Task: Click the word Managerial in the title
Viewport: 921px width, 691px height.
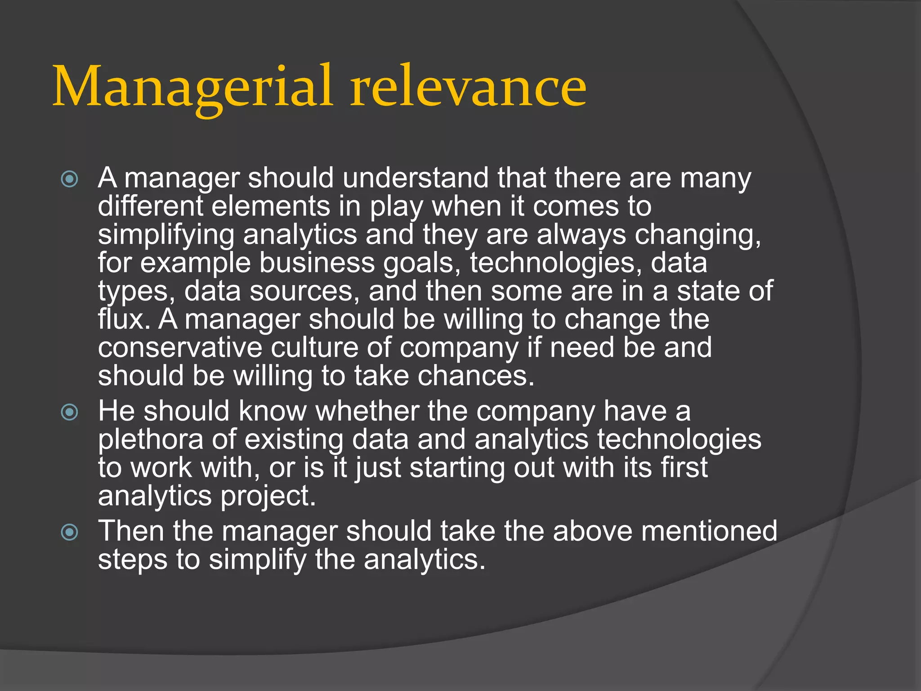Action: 193,86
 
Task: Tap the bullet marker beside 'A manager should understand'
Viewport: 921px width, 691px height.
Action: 70,179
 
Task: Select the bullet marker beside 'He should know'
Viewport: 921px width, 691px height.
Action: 70,412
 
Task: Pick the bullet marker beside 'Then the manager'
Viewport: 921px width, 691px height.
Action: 70,532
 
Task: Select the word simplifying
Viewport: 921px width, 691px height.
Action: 166,235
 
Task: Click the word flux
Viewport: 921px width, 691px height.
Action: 124,319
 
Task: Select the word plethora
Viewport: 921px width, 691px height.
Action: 151,440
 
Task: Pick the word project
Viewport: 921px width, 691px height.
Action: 268,496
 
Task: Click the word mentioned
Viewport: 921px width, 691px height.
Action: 709,531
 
